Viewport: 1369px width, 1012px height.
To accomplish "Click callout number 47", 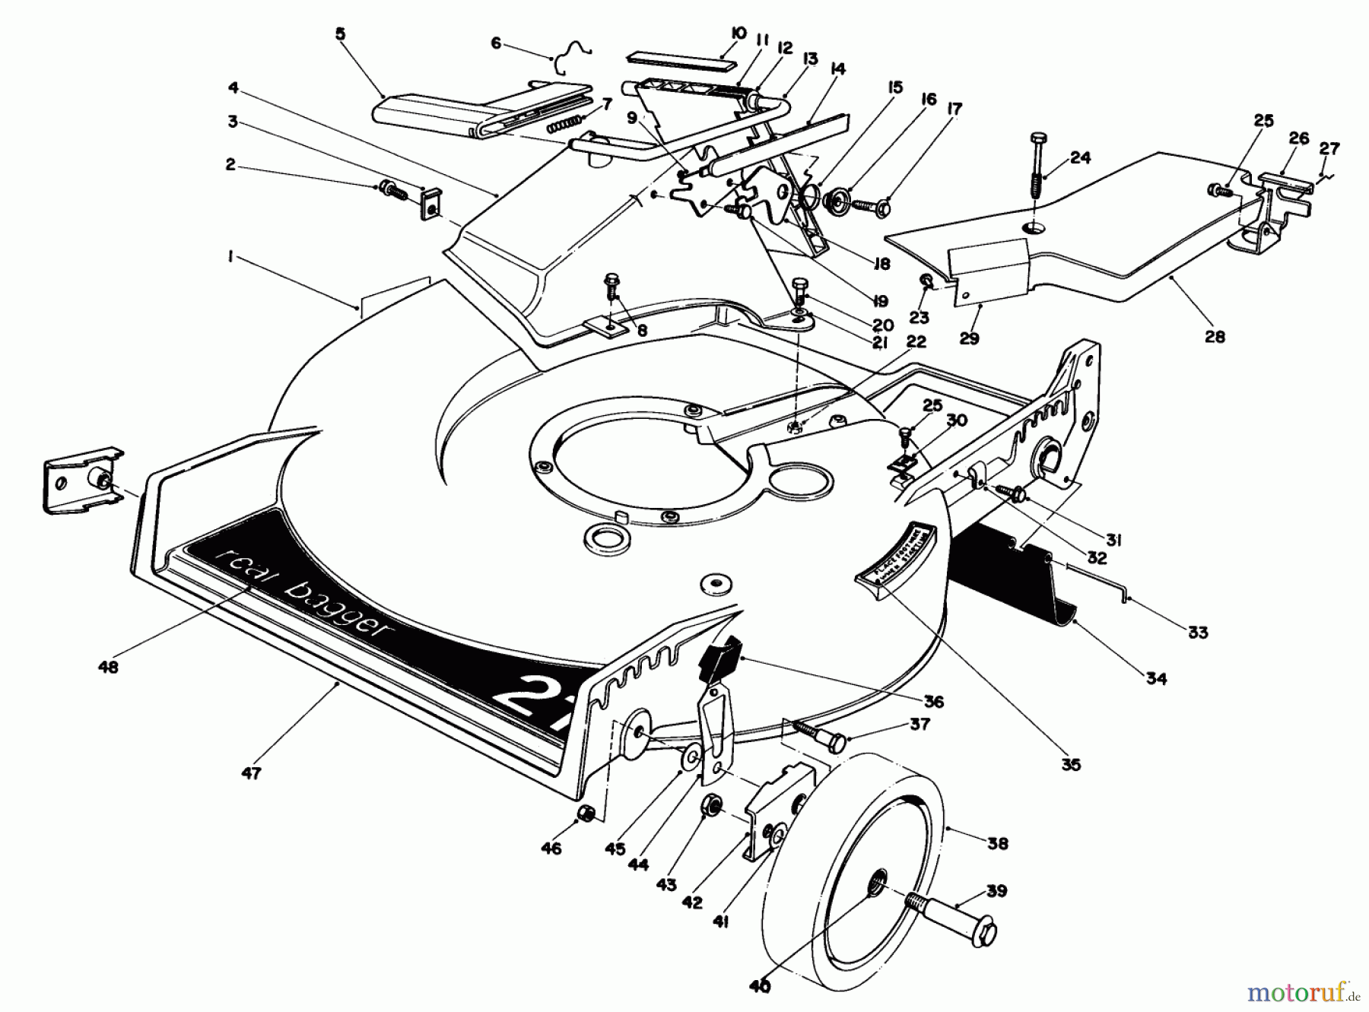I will tap(251, 773).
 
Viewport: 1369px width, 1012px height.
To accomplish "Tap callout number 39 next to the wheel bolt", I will tap(997, 891).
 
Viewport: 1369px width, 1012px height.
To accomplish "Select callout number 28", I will tap(1215, 336).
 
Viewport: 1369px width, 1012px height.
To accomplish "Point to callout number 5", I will tap(339, 33).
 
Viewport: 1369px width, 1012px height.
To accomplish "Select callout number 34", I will tap(1156, 678).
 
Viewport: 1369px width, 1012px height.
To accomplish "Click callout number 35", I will tap(1070, 765).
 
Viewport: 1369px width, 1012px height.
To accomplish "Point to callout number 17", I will tap(954, 109).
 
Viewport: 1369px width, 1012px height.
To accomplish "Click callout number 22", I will tap(916, 341).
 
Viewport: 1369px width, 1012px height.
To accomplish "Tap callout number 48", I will tap(109, 667).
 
